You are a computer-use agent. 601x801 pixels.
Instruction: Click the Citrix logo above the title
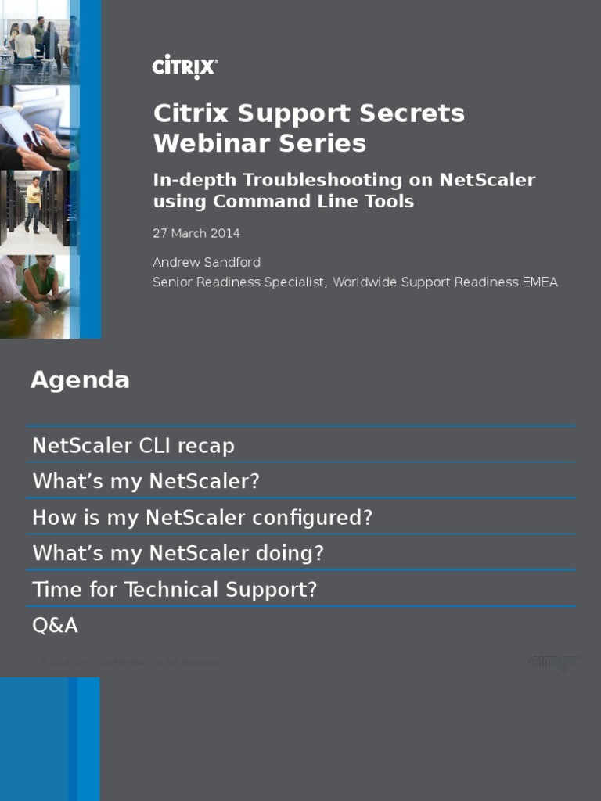tap(185, 66)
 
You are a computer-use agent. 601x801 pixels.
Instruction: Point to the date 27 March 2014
tap(196, 233)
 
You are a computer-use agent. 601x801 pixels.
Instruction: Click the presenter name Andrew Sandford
tap(206, 262)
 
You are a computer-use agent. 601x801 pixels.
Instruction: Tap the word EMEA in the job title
tap(539, 282)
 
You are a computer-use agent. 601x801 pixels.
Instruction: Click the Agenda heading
tap(80, 380)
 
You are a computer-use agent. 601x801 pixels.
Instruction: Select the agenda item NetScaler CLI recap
tap(133, 446)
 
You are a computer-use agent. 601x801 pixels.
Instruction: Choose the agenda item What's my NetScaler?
tap(146, 481)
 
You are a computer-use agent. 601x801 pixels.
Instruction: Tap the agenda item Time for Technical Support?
tap(175, 589)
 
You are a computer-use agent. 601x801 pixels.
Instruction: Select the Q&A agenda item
tap(55, 625)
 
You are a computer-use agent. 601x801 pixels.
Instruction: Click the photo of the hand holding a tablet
tap(35, 129)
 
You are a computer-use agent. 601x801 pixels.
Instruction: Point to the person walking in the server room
tap(34, 205)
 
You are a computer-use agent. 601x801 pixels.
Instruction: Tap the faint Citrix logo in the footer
tap(553, 662)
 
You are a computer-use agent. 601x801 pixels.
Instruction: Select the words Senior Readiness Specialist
tap(238, 282)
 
